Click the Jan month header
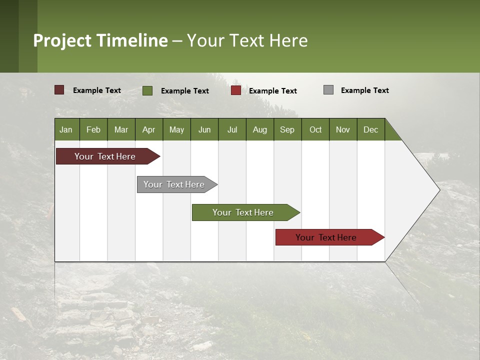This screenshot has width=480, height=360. pos(66,129)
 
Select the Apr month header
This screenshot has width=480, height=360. pos(148,129)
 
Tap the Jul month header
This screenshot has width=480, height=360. pos(232,129)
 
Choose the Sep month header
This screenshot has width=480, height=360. pos(287,129)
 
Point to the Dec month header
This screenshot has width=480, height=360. pos(370,129)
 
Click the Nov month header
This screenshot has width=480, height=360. pos(342,129)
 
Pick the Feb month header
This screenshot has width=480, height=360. pos(93,129)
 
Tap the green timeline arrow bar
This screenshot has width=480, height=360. pos(243,212)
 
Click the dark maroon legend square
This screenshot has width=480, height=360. pos(59,90)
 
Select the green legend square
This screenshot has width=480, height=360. pos(147,90)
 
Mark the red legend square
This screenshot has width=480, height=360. pos(236,90)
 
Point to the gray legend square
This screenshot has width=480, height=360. pos(328,90)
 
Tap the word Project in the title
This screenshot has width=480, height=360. pos(62,40)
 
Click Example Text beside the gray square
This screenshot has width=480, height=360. pos(364,90)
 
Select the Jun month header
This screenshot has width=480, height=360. pos(204,129)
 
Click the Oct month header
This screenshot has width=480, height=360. pos(315,129)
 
